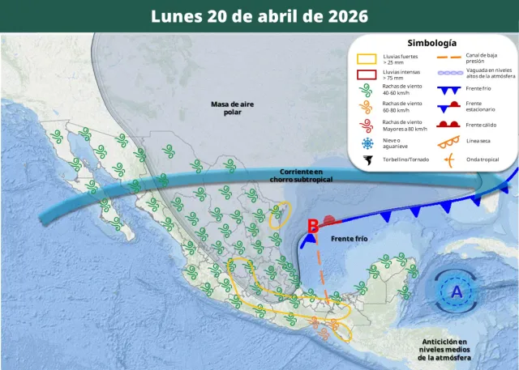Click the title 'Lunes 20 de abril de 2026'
click(x=259, y=16)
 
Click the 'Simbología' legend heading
click(x=431, y=43)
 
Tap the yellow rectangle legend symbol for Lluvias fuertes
click(x=367, y=59)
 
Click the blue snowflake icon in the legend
click(x=367, y=143)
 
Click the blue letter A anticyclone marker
click(x=457, y=291)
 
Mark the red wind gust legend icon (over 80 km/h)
click(x=367, y=124)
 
